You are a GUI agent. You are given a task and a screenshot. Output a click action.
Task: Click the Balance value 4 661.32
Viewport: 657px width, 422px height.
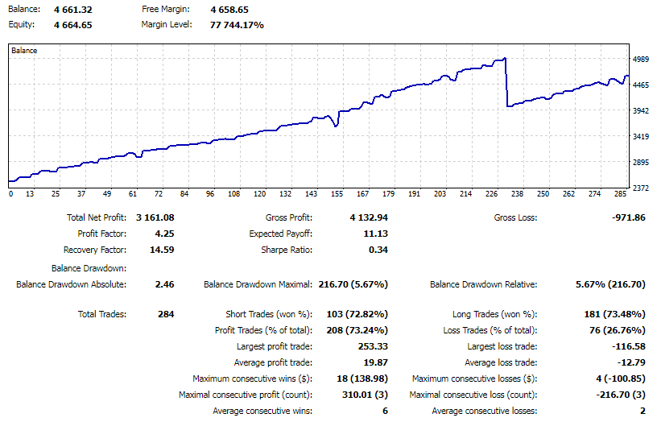[x=72, y=10]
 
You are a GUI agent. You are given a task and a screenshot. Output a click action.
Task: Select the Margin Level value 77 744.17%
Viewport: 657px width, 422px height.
[x=237, y=25]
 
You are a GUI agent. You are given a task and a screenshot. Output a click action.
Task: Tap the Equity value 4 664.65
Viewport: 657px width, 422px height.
[x=72, y=25]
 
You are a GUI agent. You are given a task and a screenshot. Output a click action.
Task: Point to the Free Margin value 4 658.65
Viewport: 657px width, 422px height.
[x=230, y=10]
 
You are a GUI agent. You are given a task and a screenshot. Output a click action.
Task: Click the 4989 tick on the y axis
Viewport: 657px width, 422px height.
[x=641, y=60]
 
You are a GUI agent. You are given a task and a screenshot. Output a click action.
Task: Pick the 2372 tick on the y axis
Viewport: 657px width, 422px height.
[x=641, y=188]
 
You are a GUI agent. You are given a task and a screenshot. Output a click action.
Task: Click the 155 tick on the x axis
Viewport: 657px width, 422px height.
[x=337, y=194]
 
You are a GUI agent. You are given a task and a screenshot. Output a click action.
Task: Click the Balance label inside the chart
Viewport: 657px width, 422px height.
[x=24, y=51]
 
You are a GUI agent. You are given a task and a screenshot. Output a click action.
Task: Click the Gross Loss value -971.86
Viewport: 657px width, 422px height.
[x=624, y=217]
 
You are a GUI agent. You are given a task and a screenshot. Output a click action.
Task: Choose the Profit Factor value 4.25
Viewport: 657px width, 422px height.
[x=164, y=234]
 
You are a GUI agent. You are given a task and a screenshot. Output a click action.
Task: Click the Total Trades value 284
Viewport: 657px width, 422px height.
[x=166, y=314]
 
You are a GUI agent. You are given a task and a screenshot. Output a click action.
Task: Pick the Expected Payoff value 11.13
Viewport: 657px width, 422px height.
[x=375, y=234]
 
